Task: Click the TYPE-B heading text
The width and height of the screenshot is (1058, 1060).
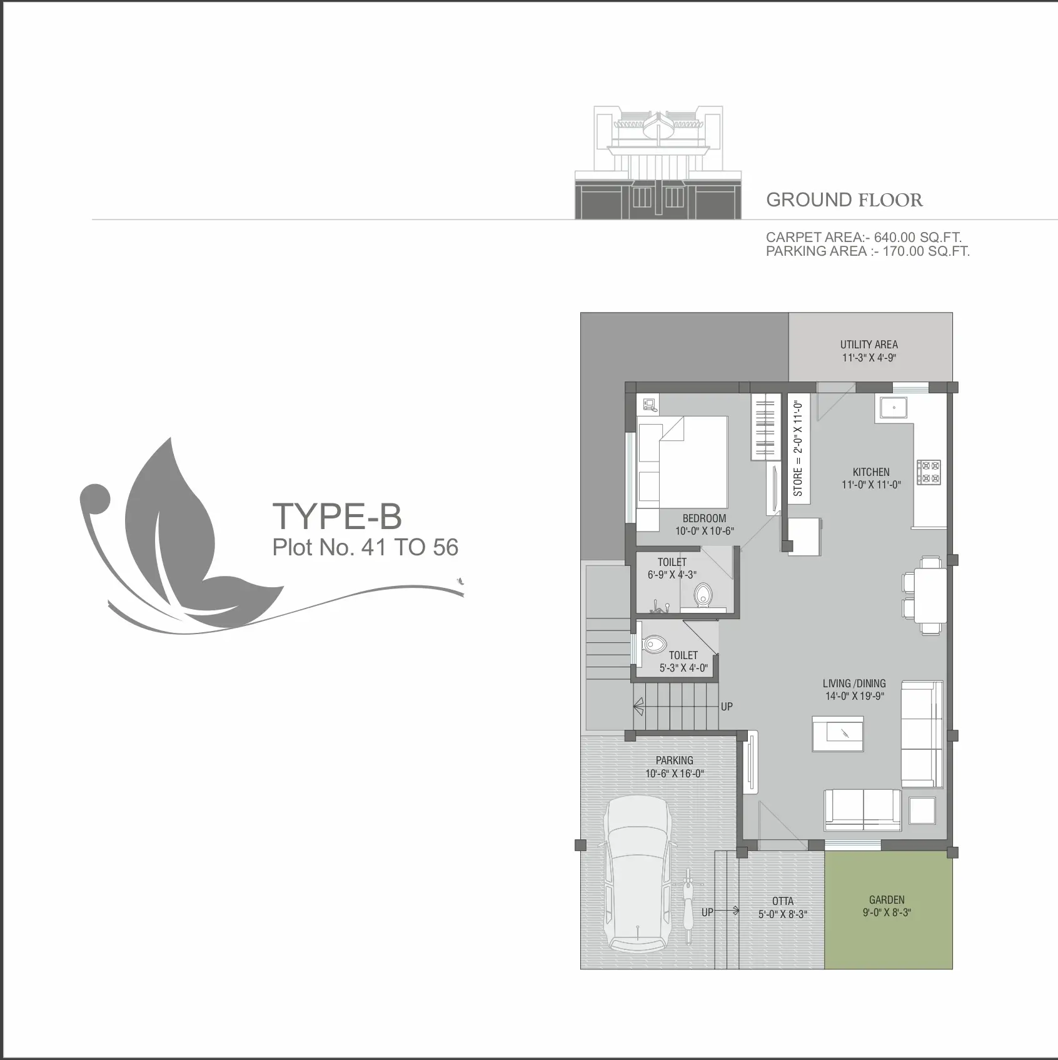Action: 337,516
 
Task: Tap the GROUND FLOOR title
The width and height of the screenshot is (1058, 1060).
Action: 844,200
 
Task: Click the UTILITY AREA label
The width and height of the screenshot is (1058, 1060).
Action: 869,345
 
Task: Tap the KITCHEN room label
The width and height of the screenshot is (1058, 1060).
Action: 871,472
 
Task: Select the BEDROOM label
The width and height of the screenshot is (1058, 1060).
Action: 704,518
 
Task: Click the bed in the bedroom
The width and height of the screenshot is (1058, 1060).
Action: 682,462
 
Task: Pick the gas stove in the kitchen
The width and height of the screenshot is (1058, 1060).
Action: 929,472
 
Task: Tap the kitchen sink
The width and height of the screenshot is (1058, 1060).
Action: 895,407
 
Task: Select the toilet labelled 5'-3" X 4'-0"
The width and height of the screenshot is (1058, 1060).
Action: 655,643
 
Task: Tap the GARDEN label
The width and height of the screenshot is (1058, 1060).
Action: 887,900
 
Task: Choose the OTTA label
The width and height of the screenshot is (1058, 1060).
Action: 783,901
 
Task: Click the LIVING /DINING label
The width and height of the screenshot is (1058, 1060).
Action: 854,684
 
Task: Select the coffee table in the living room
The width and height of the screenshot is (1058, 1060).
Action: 838,733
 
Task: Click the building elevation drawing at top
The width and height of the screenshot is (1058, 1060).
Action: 658,163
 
